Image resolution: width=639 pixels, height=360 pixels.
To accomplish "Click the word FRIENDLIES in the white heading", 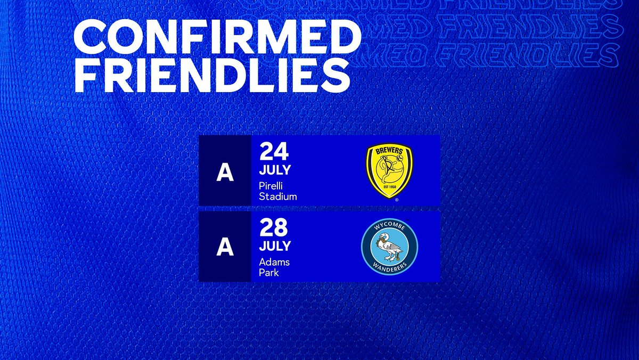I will coord(211,77).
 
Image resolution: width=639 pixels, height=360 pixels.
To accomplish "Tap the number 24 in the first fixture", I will coord(274,151).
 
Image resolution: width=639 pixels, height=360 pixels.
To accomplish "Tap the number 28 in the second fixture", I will coord(274,227).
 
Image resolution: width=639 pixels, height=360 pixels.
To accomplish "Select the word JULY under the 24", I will coord(275,171).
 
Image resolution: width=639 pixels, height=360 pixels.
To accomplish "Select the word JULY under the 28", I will coord(275,246).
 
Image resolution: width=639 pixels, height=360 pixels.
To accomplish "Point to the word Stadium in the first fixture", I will coord(277,197).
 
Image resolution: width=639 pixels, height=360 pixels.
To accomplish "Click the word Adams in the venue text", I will coord(274,262).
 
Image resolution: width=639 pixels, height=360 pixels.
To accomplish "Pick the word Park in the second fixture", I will coord(269,273).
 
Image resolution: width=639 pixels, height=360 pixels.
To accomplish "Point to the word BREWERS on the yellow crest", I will coord(389,151).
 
